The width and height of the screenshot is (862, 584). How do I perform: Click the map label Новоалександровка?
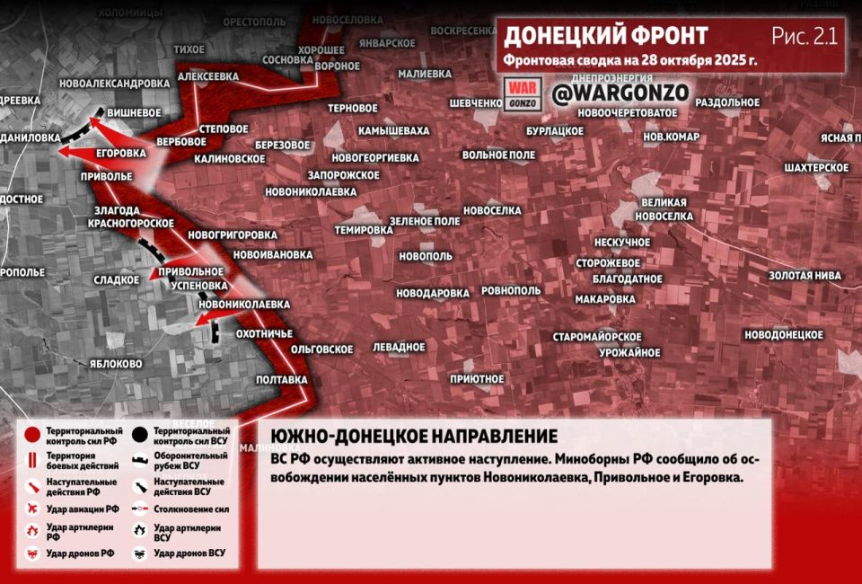[112, 84]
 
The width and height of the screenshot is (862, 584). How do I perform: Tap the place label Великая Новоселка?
[664, 209]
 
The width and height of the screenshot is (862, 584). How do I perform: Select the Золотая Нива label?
[804, 276]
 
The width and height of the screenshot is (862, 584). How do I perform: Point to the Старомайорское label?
[596, 337]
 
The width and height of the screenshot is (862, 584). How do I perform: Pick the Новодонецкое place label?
[783, 334]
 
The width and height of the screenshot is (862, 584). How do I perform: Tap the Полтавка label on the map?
[281, 380]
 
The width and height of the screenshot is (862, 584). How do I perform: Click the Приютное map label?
[476, 379]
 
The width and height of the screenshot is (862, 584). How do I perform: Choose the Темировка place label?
[364, 230]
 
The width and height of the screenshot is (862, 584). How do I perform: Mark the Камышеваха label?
[393, 131]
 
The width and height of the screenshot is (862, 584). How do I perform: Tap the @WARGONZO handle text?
[620, 93]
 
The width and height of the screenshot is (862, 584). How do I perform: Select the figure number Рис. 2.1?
[804, 36]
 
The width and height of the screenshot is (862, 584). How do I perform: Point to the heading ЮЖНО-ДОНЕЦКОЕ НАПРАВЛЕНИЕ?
[414, 437]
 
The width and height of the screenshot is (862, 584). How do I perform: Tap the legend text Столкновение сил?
[189, 508]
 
